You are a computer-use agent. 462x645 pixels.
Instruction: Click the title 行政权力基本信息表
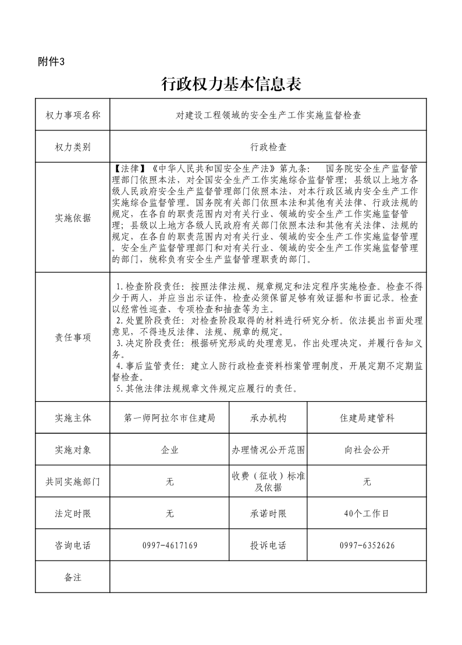(231, 85)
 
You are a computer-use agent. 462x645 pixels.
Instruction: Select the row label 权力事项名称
(73, 115)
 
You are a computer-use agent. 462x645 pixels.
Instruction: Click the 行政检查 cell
(268, 147)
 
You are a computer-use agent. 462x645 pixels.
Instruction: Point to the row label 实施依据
(73, 218)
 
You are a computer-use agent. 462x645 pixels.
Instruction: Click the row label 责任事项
(73, 338)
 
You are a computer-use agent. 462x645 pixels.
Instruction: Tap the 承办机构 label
(268, 418)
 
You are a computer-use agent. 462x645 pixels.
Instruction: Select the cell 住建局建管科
(367, 418)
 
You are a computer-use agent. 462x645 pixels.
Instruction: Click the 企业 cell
(170, 450)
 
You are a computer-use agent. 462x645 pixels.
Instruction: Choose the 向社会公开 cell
(367, 450)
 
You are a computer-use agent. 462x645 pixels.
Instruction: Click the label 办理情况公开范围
(268, 450)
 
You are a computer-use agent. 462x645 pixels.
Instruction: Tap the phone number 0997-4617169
(170, 545)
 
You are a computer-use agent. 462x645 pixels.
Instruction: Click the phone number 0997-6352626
(367, 545)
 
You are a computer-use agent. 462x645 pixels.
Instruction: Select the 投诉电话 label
(268, 545)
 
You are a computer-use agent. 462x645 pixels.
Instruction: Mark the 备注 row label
(73, 577)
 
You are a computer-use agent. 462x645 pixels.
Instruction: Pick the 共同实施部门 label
(73, 482)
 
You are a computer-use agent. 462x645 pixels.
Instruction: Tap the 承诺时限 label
(268, 514)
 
